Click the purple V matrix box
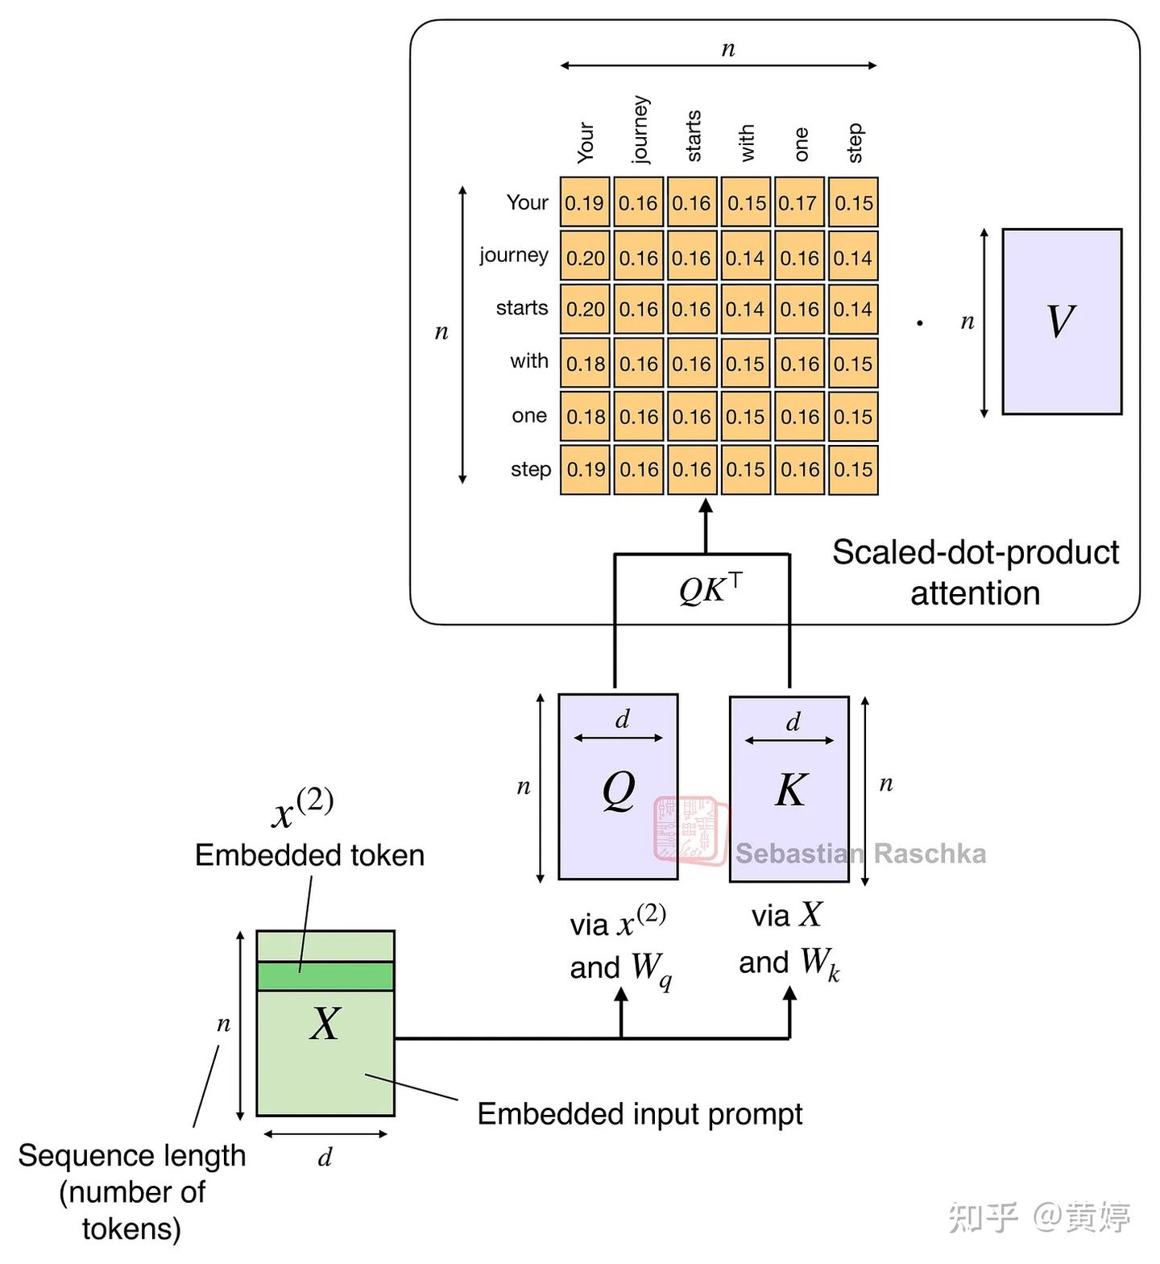coord(1062,322)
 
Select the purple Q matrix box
coord(618,787)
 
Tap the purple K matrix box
coord(789,789)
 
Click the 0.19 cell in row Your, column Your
coord(585,202)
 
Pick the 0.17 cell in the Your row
coord(798,202)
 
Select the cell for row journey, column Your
coord(585,257)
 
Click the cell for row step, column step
coord(853,469)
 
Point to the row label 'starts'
coord(522,308)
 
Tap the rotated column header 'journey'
coord(640,129)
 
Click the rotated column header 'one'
coord(801,144)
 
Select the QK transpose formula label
coord(710,588)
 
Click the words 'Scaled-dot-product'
coord(976,553)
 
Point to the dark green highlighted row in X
coord(325,976)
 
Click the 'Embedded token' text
coord(310,854)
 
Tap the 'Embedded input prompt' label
coord(640,1114)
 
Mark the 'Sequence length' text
coord(132,1155)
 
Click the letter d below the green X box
coord(325,1158)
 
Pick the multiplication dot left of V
coord(920,323)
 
